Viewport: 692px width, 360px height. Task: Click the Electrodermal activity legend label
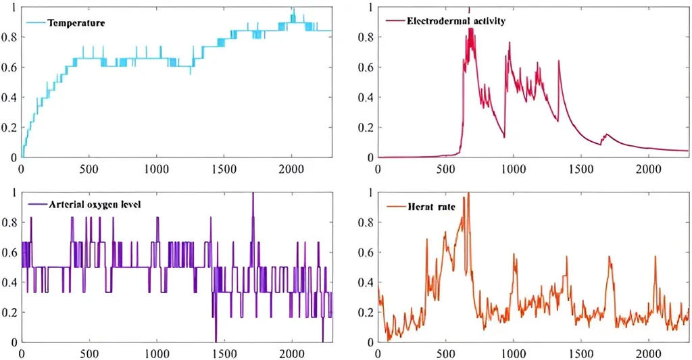456,21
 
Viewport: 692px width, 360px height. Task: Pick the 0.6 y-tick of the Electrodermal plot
366,68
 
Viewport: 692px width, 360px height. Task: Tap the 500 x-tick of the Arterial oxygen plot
89,353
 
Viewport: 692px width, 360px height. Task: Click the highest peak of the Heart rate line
468,193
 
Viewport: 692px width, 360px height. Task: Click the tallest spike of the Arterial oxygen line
253,193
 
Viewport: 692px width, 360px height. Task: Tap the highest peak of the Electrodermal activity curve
469,8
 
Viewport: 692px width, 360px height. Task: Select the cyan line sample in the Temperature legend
36,23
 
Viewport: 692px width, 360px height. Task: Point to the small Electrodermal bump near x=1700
606,134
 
